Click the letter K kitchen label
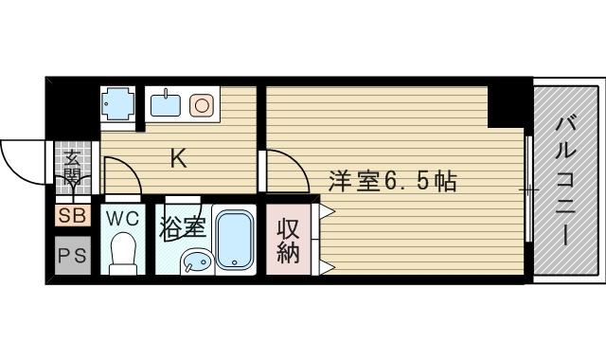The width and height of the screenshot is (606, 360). click(178, 158)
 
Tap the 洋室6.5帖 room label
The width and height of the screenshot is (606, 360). click(393, 180)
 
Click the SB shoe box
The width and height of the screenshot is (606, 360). click(72, 216)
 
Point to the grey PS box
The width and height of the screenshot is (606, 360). click(72, 255)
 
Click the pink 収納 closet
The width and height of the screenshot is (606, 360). click(288, 241)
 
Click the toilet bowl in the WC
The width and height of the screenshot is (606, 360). click(121, 253)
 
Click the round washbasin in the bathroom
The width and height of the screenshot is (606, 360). click(195, 261)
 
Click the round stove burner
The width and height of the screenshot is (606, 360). click(202, 103)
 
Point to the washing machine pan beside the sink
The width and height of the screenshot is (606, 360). click(119, 103)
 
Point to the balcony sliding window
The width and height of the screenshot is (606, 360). click(528, 189)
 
